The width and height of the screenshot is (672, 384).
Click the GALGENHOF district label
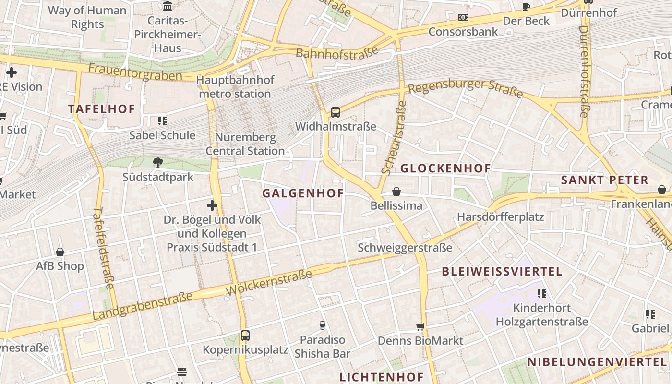303,193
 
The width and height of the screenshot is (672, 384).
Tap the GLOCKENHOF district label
445,168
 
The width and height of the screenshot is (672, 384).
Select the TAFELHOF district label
102,109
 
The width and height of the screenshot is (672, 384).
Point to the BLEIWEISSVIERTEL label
502,272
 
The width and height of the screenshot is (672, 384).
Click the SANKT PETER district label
605,180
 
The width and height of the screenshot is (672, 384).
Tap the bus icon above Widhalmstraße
336,112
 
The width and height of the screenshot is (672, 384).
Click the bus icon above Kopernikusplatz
245,335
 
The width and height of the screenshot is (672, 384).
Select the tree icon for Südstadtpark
157,163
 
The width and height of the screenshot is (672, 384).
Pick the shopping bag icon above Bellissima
396,192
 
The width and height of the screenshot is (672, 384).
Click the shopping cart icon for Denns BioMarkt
420,327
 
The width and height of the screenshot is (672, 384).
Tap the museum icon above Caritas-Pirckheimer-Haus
168,6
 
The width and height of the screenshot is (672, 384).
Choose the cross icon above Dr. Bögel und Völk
212,205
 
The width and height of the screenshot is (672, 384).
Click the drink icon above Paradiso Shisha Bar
323,325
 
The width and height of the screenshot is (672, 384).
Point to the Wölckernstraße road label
268,283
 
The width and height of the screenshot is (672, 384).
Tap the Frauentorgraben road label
135,72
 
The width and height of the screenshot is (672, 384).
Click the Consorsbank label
463,32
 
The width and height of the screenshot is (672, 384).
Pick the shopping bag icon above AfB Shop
60,252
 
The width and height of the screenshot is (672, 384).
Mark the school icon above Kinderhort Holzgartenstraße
542,293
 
